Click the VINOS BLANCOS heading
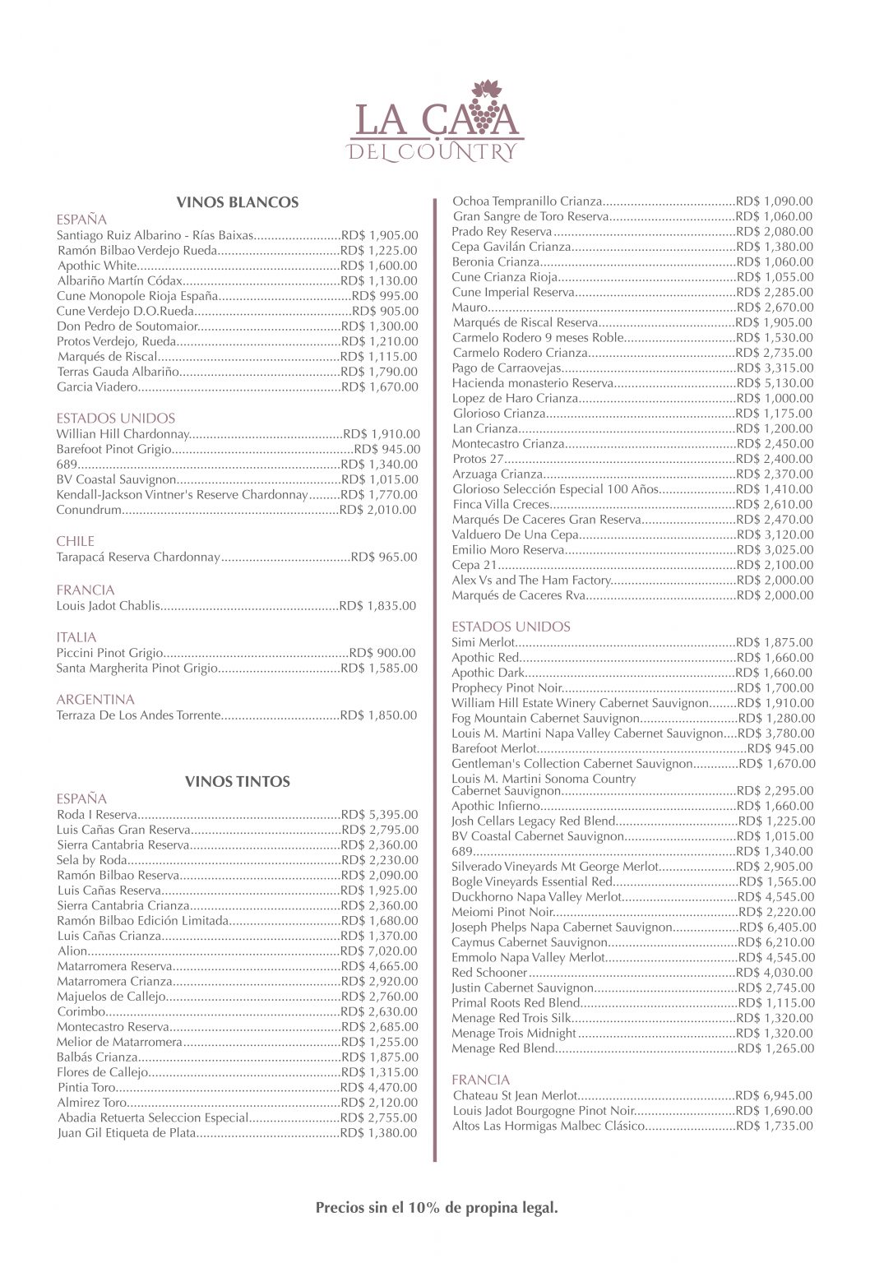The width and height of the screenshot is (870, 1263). tap(238, 202)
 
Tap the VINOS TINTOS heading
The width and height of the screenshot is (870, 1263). tap(238, 781)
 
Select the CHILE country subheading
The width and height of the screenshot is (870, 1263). tap(76, 541)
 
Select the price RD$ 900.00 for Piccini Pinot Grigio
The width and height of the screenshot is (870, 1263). tap(382, 653)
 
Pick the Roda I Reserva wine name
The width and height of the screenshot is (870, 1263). tap(96, 815)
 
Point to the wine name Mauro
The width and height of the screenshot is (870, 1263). tap(470, 308)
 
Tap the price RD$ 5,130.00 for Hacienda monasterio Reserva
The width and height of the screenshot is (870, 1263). tap(775, 383)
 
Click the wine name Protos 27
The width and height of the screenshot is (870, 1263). tap(477, 459)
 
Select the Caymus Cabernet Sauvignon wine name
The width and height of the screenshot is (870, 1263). tap(530, 942)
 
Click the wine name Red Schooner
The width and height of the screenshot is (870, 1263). tap(488, 973)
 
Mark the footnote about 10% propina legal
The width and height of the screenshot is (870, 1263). tap(437, 1208)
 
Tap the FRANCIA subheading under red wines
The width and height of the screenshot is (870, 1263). tap(481, 1080)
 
